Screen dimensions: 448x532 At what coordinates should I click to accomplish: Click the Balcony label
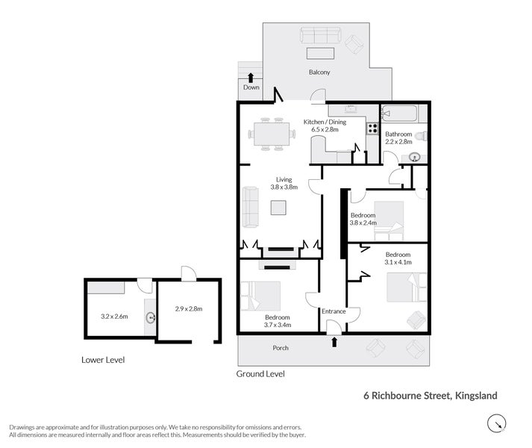coord(319,72)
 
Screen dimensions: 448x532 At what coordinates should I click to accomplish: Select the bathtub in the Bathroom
coord(401,114)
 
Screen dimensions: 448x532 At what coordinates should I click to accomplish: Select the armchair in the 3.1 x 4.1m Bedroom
coord(416,320)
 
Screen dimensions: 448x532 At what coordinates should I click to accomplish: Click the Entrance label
coord(333,311)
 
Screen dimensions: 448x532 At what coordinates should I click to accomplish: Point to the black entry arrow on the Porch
coord(334,342)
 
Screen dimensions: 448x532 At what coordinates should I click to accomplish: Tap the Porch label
coord(280,348)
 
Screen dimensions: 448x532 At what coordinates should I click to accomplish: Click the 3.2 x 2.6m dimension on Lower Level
coord(114,316)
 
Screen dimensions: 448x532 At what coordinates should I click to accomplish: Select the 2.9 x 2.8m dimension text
coord(189,308)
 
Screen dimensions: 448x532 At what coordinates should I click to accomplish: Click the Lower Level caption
coord(103,360)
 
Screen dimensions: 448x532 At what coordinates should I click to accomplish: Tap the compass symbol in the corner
coord(495,425)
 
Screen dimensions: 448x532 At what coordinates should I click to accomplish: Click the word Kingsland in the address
coord(475,396)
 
